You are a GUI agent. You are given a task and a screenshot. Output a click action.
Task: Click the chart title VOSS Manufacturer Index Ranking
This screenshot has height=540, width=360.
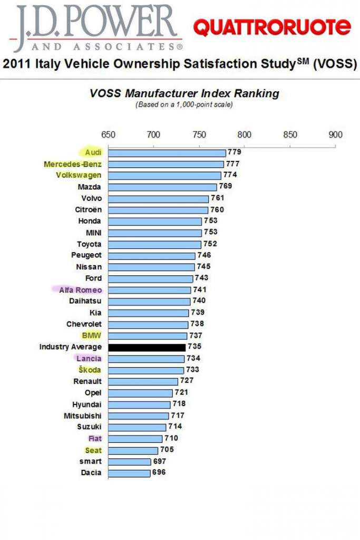[x=184, y=94]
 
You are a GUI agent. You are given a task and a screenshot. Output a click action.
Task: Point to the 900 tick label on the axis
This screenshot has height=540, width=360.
[x=335, y=134]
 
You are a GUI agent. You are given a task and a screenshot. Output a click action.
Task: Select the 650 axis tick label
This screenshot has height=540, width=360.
[x=108, y=134]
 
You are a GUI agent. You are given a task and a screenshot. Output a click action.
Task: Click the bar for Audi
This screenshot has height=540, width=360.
[x=167, y=153]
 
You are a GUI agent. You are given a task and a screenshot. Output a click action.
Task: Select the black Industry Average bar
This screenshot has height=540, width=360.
[x=147, y=348]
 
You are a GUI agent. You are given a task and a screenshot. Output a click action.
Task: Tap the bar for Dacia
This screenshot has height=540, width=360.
[x=129, y=473]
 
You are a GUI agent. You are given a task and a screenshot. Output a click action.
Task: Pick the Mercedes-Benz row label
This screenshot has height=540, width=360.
[x=73, y=165]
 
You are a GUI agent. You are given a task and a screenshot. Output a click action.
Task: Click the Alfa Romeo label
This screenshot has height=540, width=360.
[x=80, y=290]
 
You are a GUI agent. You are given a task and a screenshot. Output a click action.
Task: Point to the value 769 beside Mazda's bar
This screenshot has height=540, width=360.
[x=225, y=186]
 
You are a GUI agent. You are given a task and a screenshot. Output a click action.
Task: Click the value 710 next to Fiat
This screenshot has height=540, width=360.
[x=171, y=438]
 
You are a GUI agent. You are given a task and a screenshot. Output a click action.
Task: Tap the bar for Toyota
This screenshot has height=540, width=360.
[x=154, y=245]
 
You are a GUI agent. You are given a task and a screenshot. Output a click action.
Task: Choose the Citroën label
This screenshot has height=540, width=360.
[x=88, y=210]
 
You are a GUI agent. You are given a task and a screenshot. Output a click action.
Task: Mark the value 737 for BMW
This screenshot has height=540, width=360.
[x=196, y=336]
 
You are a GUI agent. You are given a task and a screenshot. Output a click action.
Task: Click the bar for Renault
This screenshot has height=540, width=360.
[x=143, y=382]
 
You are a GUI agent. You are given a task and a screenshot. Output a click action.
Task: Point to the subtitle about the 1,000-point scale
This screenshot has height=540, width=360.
[x=184, y=104]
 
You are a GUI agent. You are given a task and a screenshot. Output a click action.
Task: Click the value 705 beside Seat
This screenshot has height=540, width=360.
[x=167, y=450]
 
